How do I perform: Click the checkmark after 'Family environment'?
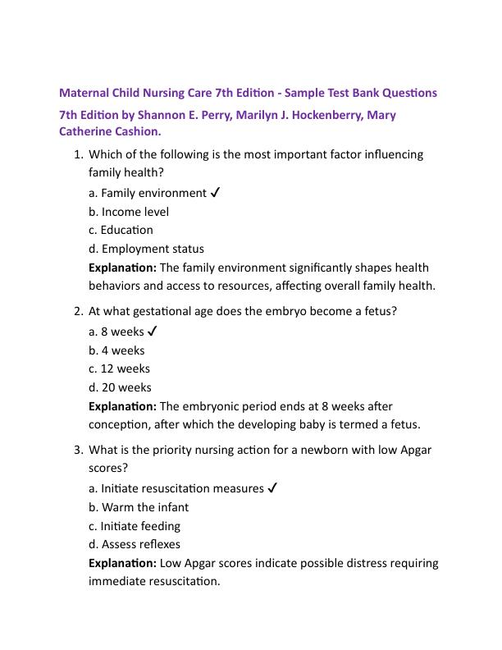pos(215,193)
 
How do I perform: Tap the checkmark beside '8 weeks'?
pos(153,332)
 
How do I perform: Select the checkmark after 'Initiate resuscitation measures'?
pos(272,488)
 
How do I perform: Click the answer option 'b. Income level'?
pos(129,212)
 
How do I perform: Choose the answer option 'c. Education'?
pos(121,230)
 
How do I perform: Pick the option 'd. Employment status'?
pos(146,249)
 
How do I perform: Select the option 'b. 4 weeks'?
pos(116,350)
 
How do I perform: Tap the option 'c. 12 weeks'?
pos(119,368)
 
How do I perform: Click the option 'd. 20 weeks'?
pos(120,387)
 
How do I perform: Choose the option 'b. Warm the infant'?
pos(139,507)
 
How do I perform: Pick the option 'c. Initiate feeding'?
pos(135,526)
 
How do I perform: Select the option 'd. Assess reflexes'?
pos(135,544)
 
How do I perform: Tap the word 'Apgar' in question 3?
pos(414,451)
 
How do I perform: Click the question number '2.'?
pos(79,312)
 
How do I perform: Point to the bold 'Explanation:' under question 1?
pos(122,268)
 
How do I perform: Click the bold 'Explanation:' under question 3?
pos(122,563)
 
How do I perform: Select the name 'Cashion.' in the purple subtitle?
pos(137,131)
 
